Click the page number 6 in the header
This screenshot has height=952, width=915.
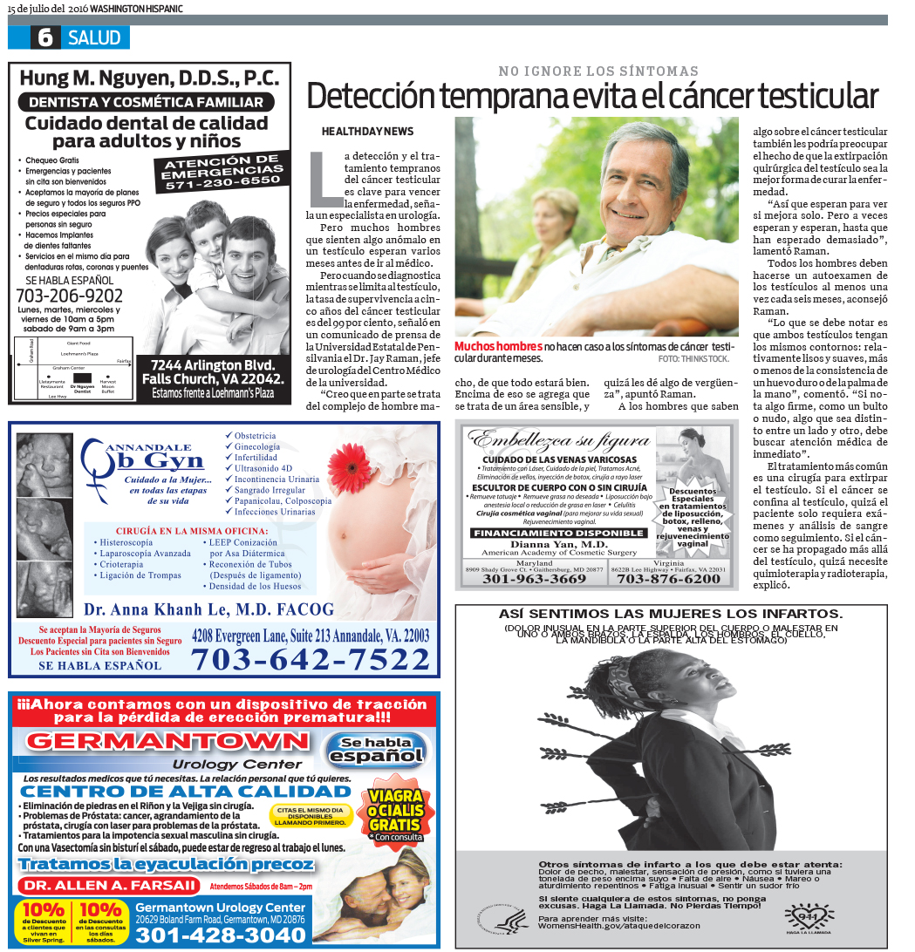tap(44, 37)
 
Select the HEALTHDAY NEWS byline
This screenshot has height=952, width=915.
tap(367, 131)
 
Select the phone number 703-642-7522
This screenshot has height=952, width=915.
tap(311, 660)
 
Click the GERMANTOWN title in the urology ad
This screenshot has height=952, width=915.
tap(167, 742)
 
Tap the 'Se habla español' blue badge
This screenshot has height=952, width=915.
tap(376, 750)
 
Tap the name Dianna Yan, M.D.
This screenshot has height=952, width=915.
tap(559, 544)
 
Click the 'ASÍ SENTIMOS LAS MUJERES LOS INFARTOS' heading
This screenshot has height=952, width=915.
tap(671, 614)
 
